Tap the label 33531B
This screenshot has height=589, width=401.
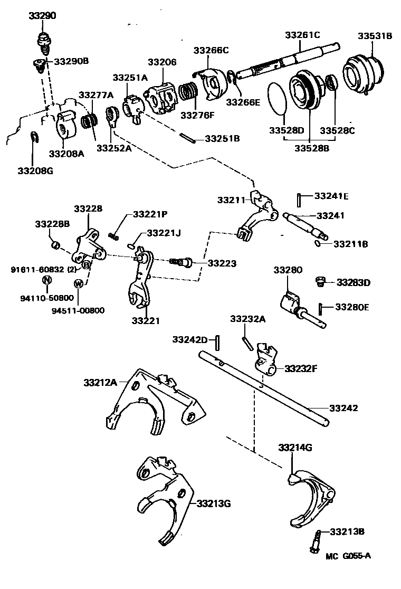pos(375,36)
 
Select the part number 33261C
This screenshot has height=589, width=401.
pos(302,35)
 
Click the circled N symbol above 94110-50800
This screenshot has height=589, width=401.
pos(46,280)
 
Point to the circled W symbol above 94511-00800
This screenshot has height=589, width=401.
pos(79,283)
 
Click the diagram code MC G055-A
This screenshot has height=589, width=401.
pos(348,556)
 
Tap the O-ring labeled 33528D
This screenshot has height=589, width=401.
pos(278,98)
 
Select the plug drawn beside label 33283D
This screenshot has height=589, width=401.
pos(319,282)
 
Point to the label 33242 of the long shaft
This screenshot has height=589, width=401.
pos(343,408)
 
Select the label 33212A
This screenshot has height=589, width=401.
pos(100,382)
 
